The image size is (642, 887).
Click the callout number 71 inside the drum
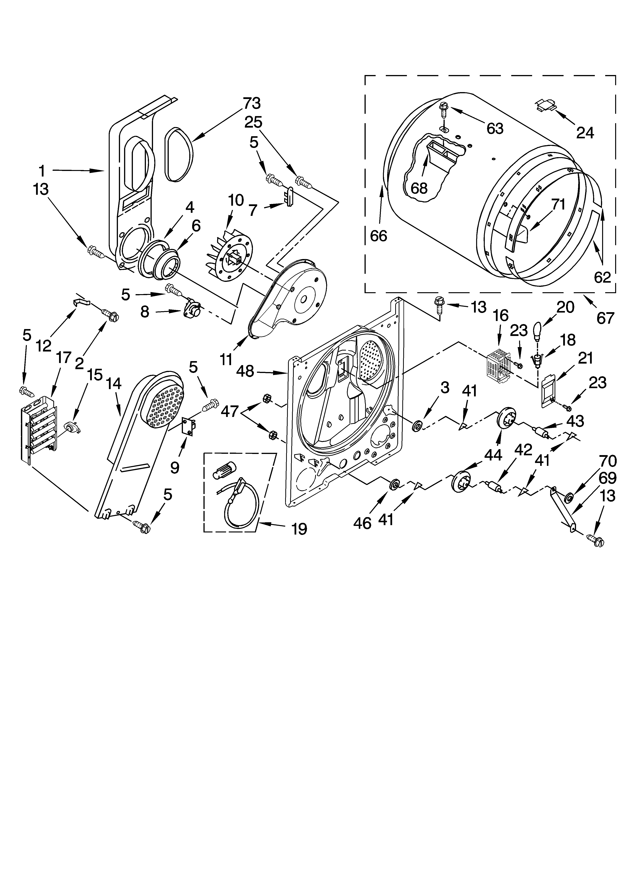[558, 204]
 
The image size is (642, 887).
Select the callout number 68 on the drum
[419, 188]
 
